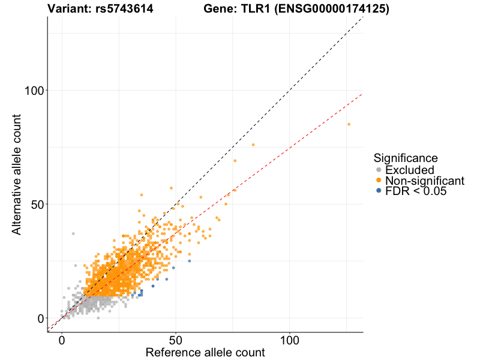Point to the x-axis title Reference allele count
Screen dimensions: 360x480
205,352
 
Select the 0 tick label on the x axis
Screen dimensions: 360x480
62,339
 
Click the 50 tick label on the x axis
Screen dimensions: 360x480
176,339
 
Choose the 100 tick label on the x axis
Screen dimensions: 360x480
290,339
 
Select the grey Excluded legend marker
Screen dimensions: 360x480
378,170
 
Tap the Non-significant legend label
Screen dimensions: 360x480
425,181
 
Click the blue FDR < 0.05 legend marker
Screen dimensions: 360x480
378,191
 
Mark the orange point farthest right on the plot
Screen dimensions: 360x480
349,124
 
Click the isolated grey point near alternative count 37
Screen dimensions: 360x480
73,233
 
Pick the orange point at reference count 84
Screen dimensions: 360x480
253,145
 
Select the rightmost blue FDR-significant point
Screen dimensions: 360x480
190,261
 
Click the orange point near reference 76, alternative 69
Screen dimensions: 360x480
235,161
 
